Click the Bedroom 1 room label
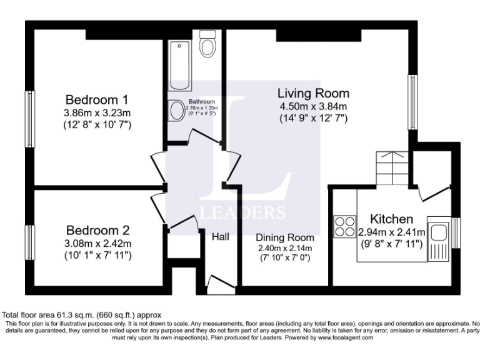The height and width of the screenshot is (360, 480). tap(97, 99)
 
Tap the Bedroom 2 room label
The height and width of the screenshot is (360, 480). tap(97, 229)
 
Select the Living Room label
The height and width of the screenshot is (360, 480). tap(313, 93)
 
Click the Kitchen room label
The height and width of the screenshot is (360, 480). tap(391, 219)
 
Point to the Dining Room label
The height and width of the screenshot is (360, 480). tap(285, 238)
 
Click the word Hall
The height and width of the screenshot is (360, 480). tap(221, 237)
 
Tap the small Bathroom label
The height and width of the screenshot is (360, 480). tap(202, 102)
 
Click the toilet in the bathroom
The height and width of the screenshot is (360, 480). tap(207, 44)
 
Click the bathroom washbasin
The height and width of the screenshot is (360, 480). tap(177, 112)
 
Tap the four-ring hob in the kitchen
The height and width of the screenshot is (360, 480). tap(344, 226)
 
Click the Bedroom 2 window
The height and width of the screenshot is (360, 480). tap(29, 241)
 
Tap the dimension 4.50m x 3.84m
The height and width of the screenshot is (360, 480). tap(313, 106)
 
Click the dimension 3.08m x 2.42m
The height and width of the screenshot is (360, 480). tap(97, 242)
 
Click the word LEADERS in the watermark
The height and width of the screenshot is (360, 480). tap(242, 211)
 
